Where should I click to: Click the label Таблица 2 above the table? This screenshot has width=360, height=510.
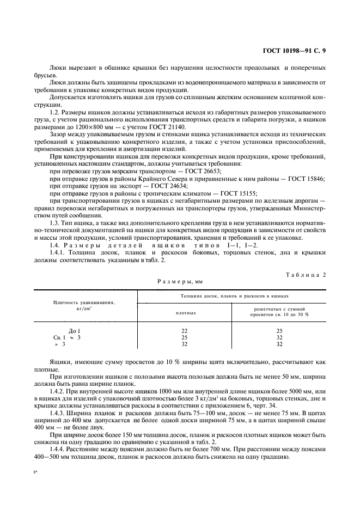[306, 275]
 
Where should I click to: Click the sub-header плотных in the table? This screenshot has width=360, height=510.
[186, 313]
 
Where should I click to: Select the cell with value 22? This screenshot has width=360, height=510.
[186, 331]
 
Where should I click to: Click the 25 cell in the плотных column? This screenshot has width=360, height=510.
[186, 337]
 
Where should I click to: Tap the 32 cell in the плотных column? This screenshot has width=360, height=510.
[186, 344]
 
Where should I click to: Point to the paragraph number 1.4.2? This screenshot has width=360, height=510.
[58, 390]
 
